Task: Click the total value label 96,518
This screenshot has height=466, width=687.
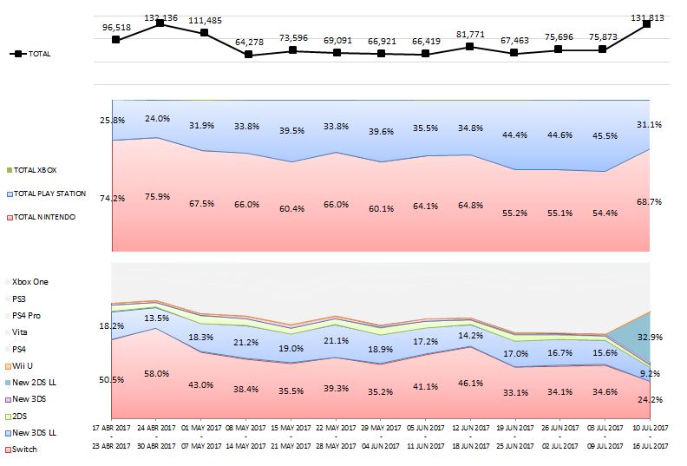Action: click(115, 27)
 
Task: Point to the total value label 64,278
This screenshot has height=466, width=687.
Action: click(248, 43)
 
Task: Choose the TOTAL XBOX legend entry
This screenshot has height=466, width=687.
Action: click(35, 170)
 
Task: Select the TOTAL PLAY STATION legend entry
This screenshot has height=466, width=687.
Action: click(43, 193)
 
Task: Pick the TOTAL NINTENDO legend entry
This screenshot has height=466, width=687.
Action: click(38, 216)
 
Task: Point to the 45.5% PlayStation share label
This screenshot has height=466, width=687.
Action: click(602, 135)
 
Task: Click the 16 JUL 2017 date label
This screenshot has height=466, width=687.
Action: click(647, 445)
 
